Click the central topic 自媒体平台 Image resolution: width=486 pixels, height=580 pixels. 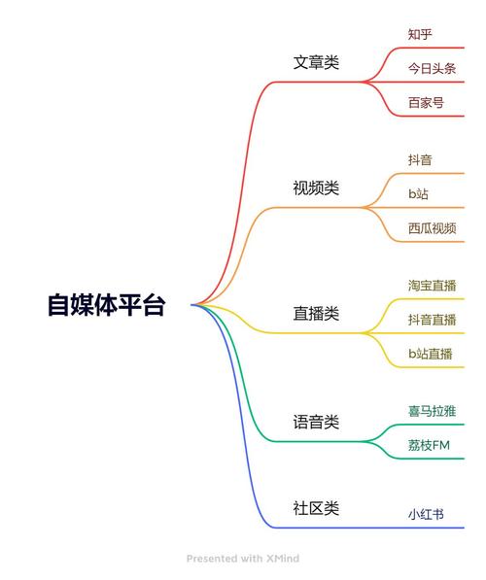107,305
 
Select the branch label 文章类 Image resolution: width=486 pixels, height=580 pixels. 316,62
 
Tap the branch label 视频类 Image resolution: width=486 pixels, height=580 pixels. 316,188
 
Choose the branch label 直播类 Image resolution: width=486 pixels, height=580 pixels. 316,314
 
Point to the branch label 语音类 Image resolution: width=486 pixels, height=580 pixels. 316,422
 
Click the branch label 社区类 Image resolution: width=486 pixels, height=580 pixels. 316,508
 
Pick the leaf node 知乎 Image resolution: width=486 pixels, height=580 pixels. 420,34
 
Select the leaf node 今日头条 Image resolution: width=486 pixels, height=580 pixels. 432,68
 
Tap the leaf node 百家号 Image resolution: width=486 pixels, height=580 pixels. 426,102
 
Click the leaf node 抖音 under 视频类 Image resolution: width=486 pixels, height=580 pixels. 420,159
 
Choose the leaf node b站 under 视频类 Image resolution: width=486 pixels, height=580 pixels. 418,194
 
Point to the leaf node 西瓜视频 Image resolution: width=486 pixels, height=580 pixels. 432,228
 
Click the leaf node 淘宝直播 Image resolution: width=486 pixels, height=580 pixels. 432,286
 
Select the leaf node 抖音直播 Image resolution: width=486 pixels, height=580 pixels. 432,320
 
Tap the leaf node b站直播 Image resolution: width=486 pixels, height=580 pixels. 431,354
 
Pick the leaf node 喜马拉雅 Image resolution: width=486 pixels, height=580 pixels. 432,411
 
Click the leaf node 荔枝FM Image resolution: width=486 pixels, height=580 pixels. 429,445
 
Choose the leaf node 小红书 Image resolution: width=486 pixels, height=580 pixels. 426,514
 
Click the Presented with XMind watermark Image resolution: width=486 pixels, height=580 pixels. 243,559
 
